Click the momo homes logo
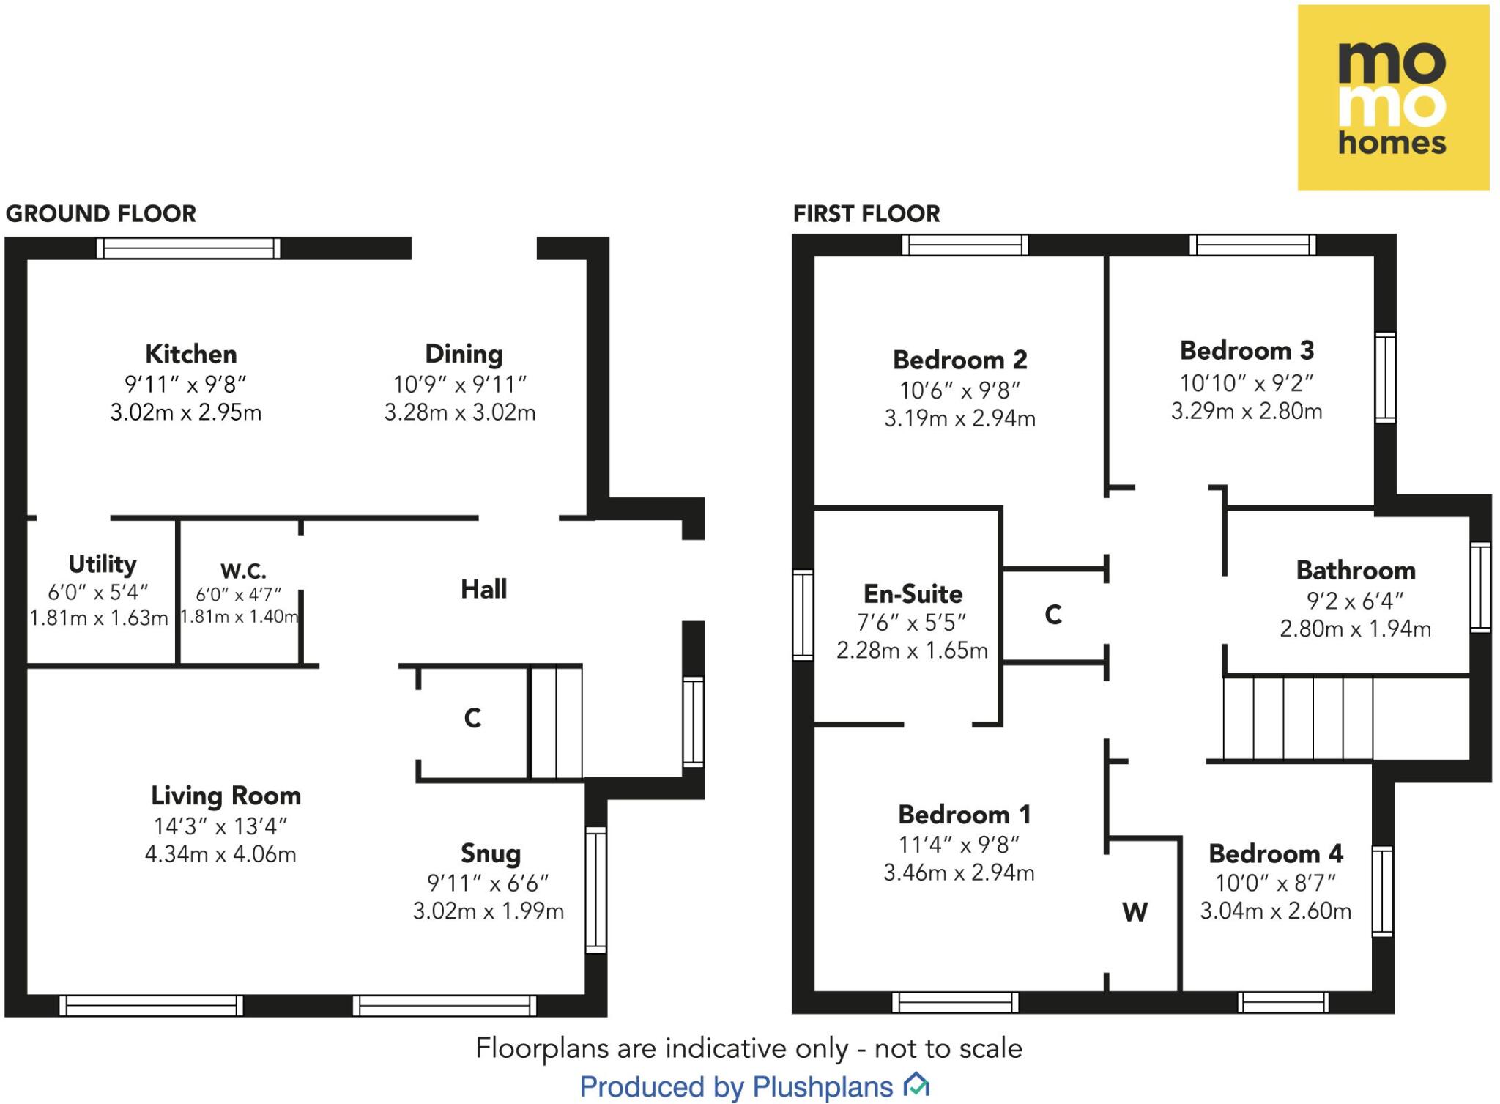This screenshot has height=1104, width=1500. point(1392,98)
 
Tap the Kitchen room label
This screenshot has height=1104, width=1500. point(190,355)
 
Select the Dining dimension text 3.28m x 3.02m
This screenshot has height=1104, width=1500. point(460,412)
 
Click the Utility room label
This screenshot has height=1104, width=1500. point(102,564)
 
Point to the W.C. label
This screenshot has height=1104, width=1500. point(243,571)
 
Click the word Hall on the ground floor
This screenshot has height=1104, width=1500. point(483,589)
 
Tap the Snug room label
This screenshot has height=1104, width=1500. point(491,853)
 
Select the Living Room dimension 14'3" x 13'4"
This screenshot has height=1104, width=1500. point(220,826)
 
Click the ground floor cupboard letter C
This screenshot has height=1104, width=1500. point(472,718)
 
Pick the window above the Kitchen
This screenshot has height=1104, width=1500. point(188,248)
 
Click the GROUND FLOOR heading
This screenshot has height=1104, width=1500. point(101,214)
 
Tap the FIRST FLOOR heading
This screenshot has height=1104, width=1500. point(866,214)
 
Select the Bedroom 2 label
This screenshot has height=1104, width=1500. point(959,360)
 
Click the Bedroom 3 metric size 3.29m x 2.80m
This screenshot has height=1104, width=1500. point(1247,411)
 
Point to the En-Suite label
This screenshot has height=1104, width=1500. point(913,594)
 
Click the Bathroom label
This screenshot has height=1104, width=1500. point(1355,571)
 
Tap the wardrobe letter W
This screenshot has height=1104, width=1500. point(1135,913)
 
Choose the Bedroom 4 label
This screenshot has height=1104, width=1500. point(1275,854)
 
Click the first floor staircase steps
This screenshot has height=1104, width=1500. point(1298,719)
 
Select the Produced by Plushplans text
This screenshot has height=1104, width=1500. point(737,1087)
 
